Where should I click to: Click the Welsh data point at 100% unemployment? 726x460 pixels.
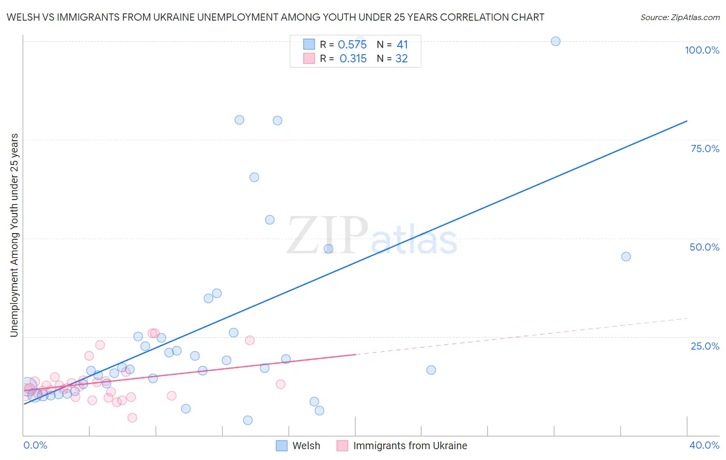click(556, 41)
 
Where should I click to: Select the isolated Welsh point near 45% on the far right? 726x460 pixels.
click(626, 256)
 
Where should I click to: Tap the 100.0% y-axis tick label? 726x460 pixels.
click(702, 50)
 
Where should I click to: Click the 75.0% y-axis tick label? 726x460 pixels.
click(705, 149)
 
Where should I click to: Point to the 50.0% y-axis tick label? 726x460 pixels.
click(704, 247)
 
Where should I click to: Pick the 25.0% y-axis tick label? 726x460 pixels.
click(705, 346)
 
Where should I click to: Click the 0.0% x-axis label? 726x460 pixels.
click(35, 445)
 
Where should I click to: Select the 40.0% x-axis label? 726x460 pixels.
click(704, 445)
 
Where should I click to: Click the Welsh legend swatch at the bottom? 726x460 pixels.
click(281, 446)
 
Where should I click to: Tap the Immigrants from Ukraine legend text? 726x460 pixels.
click(410, 446)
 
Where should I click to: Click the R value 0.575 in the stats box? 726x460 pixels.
click(352, 45)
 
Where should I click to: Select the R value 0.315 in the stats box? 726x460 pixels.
click(353, 59)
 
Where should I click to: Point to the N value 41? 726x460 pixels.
click(402, 45)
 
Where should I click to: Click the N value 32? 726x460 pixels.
click(402, 59)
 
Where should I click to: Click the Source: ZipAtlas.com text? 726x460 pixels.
click(680, 18)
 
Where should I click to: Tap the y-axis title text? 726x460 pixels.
click(14, 235)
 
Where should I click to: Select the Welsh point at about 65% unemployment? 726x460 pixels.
click(254, 177)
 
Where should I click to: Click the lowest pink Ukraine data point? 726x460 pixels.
click(132, 418)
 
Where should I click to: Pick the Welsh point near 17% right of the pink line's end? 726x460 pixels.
click(431, 370)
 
